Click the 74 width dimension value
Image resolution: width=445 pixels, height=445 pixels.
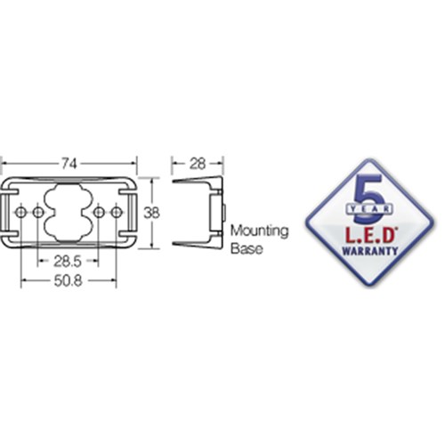tap(69, 164)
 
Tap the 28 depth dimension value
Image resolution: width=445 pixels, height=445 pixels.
tap(198, 164)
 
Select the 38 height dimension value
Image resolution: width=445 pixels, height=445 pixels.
tap(151, 213)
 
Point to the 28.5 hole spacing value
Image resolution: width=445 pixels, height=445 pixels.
tap(68, 262)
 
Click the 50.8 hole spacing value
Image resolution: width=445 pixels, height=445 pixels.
tap(68, 281)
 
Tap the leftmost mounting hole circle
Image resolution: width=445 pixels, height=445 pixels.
tap(20, 213)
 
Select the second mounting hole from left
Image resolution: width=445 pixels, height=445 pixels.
tap(38, 213)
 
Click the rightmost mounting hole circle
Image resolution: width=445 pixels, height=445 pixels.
tap(117, 213)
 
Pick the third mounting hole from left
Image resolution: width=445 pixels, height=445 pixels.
tap(99, 213)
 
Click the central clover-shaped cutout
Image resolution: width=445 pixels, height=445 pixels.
tap(69, 213)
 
